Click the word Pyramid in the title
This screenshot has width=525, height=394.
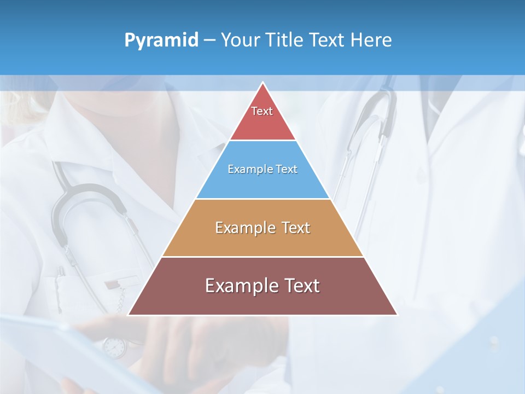pos(161,40)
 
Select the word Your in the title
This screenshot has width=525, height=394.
pos(243,40)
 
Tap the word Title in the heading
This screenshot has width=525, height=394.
pos(287,40)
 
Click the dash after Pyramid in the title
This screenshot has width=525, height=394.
pos(209,40)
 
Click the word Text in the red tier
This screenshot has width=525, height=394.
pos(262,111)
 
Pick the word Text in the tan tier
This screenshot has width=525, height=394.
pos(296,228)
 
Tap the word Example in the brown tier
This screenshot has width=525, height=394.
pos(240,286)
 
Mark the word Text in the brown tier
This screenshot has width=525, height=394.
pos(301,286)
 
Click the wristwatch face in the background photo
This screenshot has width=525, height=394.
pos(114,346)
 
